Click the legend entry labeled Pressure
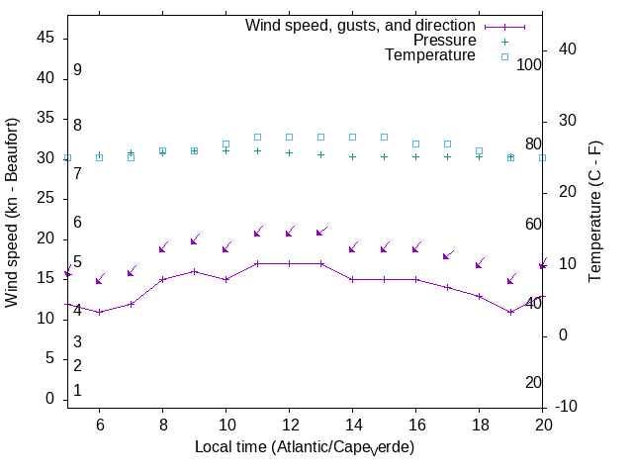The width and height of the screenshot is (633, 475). click(x=444, y=41)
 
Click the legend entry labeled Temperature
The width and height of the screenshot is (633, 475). click(x=430, y=55)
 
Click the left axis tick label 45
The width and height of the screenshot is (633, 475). click(x=45, y=37)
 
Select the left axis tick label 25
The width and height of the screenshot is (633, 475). click(x=45, y=198)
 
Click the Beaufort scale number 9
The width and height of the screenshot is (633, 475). click(x=77, y=70)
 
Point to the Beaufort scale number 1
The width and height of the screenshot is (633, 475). click(x=77, y=391)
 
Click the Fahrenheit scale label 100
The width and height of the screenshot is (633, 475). click(x=530, y=64)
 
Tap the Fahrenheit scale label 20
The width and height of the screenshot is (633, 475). click(x=533, y=382)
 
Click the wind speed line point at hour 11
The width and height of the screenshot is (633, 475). click(x=257, y=263)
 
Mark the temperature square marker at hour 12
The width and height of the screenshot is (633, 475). click(x=289, y=137)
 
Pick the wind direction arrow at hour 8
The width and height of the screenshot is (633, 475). click(x=163, y=246)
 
